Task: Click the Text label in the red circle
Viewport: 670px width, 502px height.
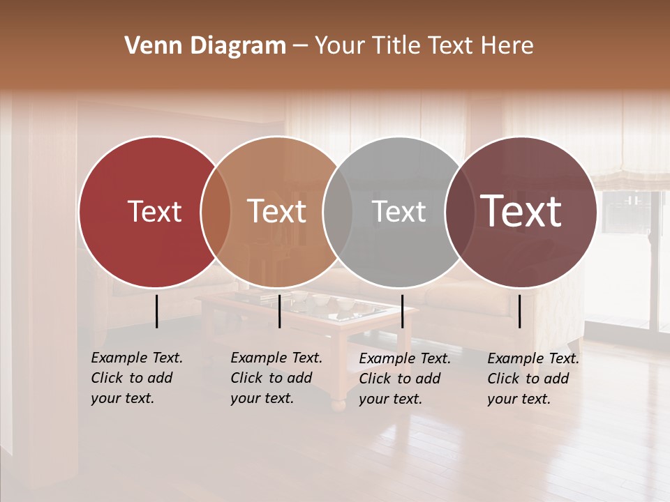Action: [x=154, y=211]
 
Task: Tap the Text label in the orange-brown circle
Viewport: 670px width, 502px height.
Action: [x=277, y=211]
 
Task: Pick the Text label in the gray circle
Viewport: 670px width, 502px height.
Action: [x=399, y=211]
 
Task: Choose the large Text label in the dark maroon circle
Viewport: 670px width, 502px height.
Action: [x=521, y=211]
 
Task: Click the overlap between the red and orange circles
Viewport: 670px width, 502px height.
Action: [x=216, y=212]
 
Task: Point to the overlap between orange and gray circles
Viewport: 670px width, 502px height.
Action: [x=338, y=212]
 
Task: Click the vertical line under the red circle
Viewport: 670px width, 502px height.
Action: [x=156, y=311]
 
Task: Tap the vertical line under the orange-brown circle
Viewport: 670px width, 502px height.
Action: [x=279, y=311]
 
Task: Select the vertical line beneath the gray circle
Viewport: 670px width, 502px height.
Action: [x=402, y=311]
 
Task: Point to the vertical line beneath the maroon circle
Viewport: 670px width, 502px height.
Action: [x=519, y=311]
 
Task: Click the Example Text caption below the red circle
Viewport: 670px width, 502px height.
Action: [x=136, y=378]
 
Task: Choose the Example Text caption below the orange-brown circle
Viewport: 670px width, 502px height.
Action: [x=276, y=378]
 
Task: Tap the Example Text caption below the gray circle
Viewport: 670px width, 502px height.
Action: [x=404, y=379]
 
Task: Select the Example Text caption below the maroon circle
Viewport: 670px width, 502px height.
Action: [x=533, y=379]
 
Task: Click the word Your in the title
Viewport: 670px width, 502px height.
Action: [x=338, y=46]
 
